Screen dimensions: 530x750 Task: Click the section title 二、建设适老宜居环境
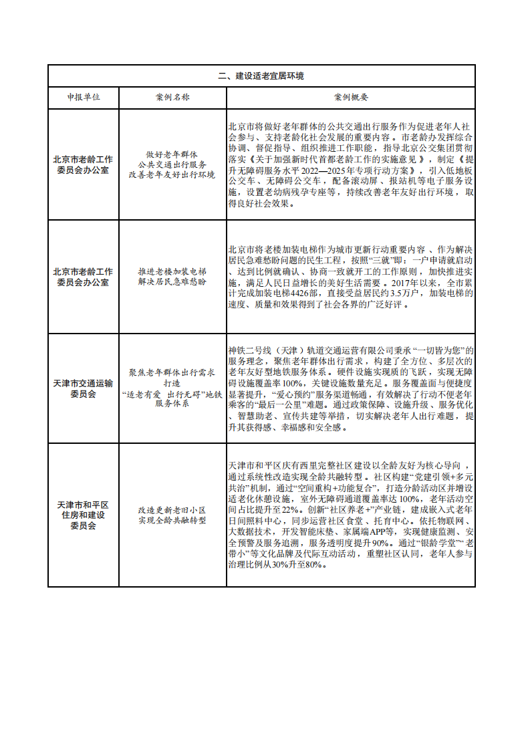(261, 76)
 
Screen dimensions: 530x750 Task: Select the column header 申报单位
(84, 97)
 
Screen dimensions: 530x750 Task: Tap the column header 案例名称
(172, 97)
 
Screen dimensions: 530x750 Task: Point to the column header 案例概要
(351, 97)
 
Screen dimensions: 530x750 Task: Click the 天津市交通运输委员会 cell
(84, 388)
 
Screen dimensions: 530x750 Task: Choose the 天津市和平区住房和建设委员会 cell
(84, 515)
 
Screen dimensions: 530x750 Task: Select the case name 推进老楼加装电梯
(172, 272)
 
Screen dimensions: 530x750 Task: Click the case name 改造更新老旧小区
(172, 509)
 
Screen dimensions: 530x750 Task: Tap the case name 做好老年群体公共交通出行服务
(172, 164)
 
